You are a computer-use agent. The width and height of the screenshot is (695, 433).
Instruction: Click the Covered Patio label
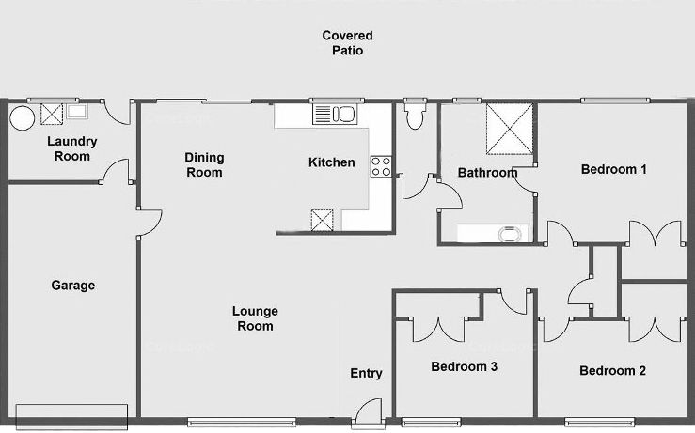click(348, 43)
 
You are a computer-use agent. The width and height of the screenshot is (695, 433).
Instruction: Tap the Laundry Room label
click(71, 148)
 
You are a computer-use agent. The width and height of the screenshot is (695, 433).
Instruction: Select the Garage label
click(73, 286)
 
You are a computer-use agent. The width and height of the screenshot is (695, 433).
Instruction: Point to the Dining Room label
click(204, 164)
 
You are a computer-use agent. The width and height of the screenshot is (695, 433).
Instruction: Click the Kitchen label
click(332, 162)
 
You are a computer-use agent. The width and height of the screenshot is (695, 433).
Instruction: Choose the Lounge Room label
click(255, 318)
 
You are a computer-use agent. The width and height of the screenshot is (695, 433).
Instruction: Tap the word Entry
click(366, 374)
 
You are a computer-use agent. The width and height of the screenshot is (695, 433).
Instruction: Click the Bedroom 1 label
click(614, 169)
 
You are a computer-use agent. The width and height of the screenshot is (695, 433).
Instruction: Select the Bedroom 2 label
click(612, 371)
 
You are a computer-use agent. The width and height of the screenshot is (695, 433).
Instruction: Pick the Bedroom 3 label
click(464, 366)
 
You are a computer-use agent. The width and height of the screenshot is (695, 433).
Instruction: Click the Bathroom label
click(487, 172)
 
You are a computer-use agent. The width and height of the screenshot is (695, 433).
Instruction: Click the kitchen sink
click(334, 115)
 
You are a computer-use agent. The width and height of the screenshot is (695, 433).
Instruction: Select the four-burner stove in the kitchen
click(381, 167)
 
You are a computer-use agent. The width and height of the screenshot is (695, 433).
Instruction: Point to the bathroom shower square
click(510, 129)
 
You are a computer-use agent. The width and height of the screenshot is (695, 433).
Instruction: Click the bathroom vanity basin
click(510, 234)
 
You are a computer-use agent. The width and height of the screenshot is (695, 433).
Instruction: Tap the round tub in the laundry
click(22, 117)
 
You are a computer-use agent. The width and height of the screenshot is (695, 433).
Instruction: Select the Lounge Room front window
click(242, 422)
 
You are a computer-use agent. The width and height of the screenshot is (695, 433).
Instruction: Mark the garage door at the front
click(71, 417)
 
